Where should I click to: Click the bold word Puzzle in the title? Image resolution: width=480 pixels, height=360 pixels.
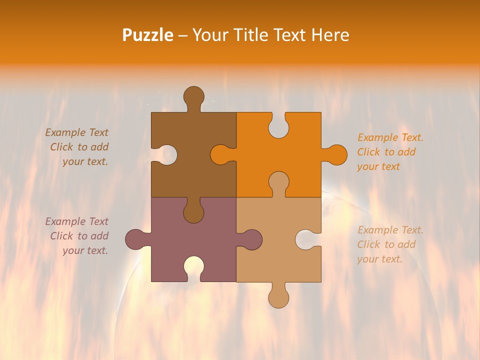pos(148,35)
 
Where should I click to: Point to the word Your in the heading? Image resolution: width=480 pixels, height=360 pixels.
pos(209,35)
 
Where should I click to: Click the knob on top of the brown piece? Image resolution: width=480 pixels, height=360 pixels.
pos(193,96)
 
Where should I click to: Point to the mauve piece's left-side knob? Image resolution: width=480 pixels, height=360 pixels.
pos(136,239)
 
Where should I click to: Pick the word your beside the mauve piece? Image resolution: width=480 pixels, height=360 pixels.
pos(73,250)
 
